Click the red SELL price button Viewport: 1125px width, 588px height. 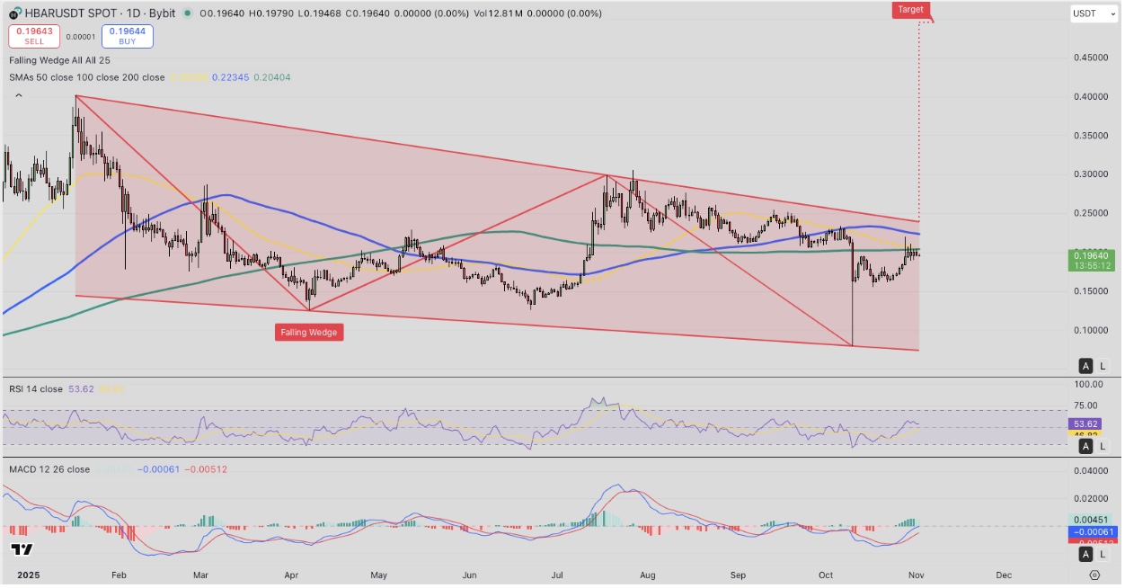[x=34, y=36]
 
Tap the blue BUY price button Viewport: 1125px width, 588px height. [x=128, y=36]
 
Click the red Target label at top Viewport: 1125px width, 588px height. [x=909, y=10]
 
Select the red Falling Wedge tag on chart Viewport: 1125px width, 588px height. [x=309, y=333]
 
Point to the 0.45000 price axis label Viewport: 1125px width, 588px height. [x=1094, y=58]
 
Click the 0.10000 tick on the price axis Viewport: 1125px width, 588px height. [x=1094, y=330]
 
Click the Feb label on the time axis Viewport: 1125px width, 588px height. [x=117, y=575]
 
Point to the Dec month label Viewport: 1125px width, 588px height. [x=1004, y=575]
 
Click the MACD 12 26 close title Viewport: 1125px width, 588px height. [x=49, y=469]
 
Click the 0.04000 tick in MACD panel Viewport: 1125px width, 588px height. [x=1094, y=471]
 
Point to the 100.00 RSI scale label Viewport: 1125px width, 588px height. [x=1094, y=384]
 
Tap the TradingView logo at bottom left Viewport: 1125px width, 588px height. [x=22, y=549]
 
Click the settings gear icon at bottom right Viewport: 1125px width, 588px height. [x=1094, y=575]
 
